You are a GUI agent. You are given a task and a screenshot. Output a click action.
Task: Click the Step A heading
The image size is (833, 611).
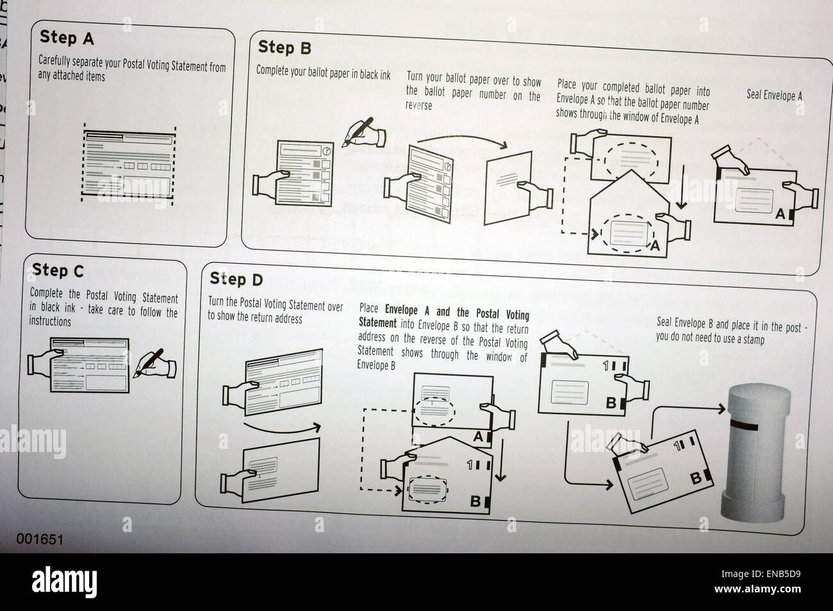[x=67, y=38]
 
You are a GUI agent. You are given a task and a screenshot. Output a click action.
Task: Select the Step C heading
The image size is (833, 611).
[x=58, y=271]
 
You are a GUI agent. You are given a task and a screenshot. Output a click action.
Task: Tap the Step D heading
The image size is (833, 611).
[x=236, y=279]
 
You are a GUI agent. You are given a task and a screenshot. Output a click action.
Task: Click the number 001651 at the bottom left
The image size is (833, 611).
[x=40, y=539]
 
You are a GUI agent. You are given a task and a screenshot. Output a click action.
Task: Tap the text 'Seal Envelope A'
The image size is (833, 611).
[x=774, y=96]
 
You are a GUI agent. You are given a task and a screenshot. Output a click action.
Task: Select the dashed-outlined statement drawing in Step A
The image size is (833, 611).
[x=130, y=163]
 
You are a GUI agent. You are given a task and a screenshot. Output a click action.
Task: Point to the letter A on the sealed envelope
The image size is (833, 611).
[x=779, y=214]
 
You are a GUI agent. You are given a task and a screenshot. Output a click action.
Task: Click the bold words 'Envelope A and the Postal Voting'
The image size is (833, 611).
[x=457, y=315]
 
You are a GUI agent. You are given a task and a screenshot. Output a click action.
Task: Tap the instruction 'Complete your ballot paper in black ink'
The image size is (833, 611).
[x=323, y=72]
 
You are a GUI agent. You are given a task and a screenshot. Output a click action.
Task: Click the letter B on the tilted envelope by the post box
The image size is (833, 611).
[x=694, y=478]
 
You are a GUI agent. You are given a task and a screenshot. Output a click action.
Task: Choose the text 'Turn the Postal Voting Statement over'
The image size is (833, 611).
[x=276, y=306]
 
